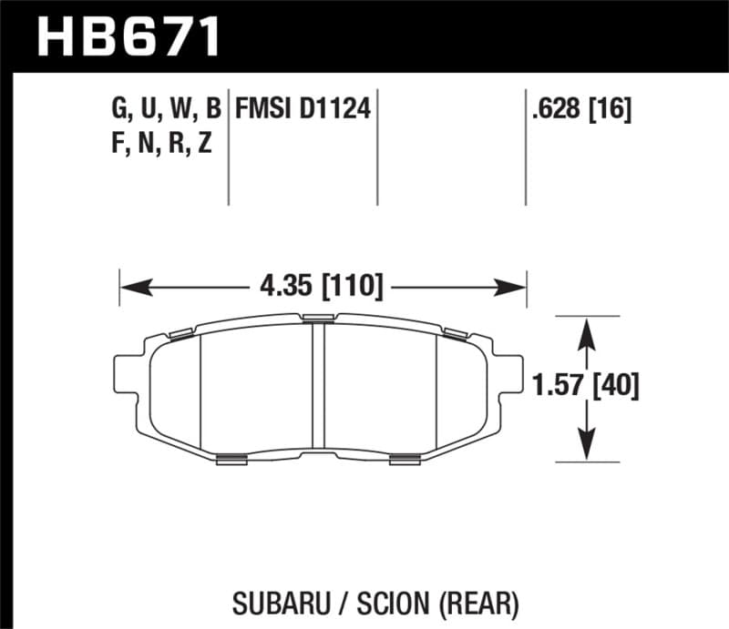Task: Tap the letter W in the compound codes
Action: (x=181, y=111)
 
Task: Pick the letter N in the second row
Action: (x=149, y=144)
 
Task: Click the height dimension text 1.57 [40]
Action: (x=586, y=387)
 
